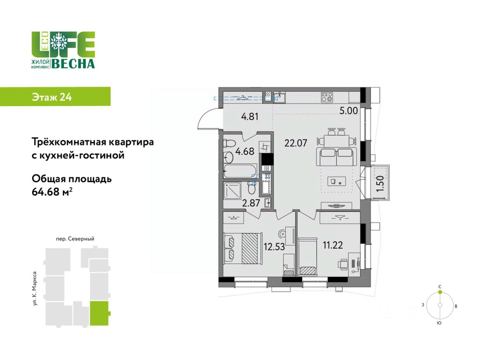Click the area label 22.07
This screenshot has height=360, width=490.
coord(296,143)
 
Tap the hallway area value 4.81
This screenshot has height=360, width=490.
coord(250,116)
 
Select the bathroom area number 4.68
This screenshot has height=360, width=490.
coord(245,151)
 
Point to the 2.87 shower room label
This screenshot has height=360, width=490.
coord(251,203)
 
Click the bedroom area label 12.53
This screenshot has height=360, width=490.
coord(274,247)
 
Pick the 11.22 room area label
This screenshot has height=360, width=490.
coord(333,245)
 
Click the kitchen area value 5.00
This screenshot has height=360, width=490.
coord(349,111)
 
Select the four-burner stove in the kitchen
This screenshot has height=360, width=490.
coord(327,97)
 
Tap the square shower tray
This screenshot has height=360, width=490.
coord(232,191)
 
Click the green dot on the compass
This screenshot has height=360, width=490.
coord(440,292)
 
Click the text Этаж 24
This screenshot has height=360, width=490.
coord(52,97)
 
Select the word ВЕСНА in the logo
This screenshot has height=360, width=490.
coord(73,64)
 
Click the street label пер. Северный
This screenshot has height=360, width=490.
coord(75,239)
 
